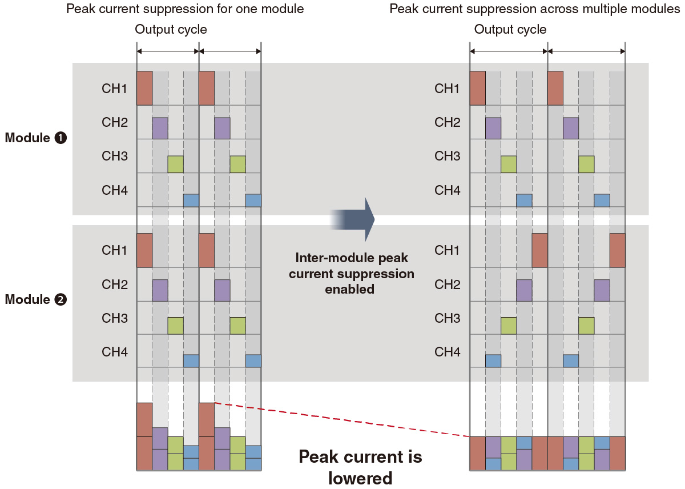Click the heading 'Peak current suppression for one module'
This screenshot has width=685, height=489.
[x=185, y=9]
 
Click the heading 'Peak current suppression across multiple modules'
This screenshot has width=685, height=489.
[x=535, y=9]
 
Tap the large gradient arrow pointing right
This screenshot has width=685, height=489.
[x=354, y=219]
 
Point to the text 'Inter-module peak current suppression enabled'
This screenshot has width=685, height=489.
[x=351, y=274]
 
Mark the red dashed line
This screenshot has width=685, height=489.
[x=342, y=419]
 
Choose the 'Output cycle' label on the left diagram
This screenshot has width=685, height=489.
[x=171, y=30]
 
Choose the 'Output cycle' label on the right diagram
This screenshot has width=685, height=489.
[x=510, y=30]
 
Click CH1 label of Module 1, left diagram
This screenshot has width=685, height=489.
[x=115, y=89]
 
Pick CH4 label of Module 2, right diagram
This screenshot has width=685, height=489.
[x=448, y=352]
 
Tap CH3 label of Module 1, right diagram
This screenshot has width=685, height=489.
[x=448, y=156]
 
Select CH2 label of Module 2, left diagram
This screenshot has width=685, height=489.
[x=115, y=284]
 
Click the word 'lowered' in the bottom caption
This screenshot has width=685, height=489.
[x=361, y=478]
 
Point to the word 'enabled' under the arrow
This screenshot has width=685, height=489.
[x=349, y=289]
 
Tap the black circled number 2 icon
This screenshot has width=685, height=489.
[x=61, y=299]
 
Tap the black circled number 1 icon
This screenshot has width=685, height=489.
[x=61, y=138]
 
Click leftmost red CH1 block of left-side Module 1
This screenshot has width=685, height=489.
[x=144, y=88]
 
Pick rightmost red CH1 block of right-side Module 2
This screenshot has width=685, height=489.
[x=617, y=250]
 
